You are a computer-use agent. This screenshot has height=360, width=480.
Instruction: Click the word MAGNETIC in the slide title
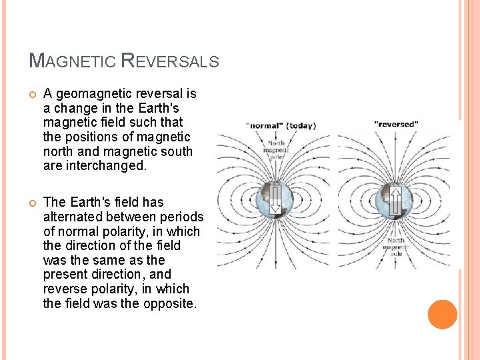pyautogui.click(x=73, y=61)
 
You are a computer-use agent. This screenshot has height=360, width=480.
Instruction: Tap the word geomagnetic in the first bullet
pyautogui.click(x=91, y=93)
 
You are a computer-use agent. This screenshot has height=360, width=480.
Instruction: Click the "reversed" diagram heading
pyautogui.click(x=396, y=123)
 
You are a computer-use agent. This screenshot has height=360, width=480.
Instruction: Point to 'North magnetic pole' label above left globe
pyautogui.click(x=275, y=151)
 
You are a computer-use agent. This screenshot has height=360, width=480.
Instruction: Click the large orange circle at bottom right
pyautogui.click(x=443, y=315)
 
